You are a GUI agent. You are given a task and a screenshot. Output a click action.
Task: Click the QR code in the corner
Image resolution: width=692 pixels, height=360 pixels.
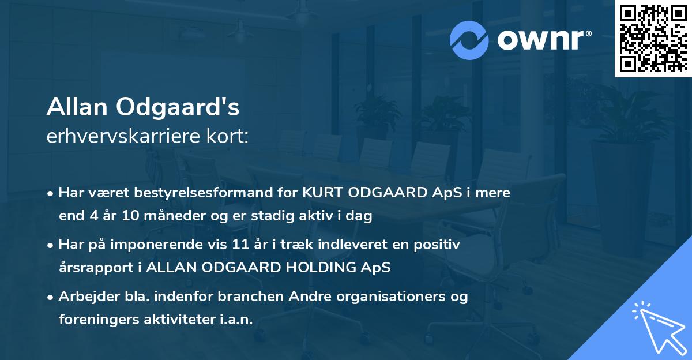(x=653, y=39)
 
